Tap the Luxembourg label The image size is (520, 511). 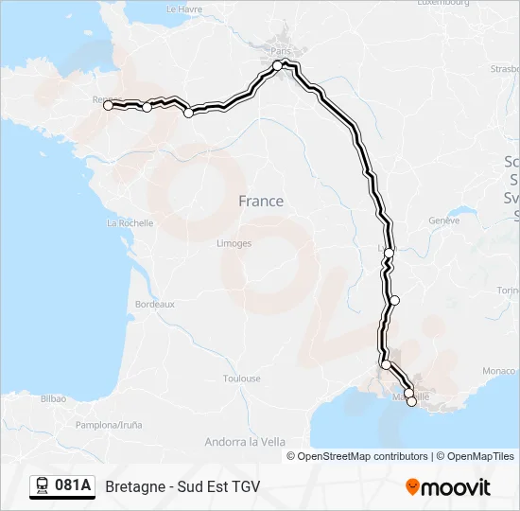pyautogui.click(x=443, y=3)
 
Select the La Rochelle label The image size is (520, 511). pyautogui.click(x=130, y=223)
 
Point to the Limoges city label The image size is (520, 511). pyautogui.click(x=234, y=243)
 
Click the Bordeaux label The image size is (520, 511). pyautogui.click(x=155, y=305)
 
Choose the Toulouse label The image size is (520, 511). pyautogui.click(x=242, y=379)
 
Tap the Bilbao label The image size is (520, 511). pyautogui.click(x=53, y=399)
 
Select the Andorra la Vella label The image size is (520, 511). pyautogui.click(x=245, y=441)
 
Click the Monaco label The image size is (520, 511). pyautogui.click(x=500, y=371)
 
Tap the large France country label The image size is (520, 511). pyautogui.click(x=261, y=201)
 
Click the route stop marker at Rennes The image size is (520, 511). pyautogui.click(x=108, y=105)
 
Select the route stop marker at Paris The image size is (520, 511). pyautogui.click(x=278, y=64)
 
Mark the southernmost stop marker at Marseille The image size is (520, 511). pyautogui.click(x=411, y=402)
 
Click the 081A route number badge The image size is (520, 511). pyautogui.click(x=73, y=486)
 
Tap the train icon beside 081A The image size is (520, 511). pyautogui.click(x=43, y=486)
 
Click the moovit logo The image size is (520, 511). pyautogui.click(x=448, y=486)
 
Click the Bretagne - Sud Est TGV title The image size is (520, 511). pyautogui.click(x=182, y=486)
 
